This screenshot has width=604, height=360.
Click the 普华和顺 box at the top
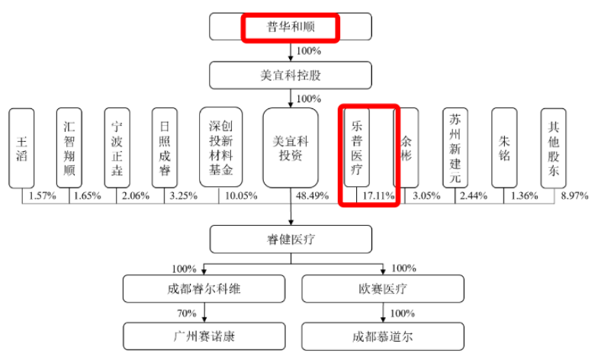291,27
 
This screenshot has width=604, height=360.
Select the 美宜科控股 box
291,76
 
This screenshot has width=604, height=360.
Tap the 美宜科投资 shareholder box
291,147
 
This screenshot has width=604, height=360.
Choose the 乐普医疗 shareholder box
356,147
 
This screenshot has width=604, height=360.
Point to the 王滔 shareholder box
21,147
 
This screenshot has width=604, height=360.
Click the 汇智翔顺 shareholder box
69,147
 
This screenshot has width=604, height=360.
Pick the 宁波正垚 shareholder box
117,147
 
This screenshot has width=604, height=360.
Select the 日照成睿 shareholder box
165,147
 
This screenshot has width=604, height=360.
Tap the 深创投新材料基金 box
220,147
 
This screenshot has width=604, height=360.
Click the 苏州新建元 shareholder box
455,147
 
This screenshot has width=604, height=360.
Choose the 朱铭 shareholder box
504,147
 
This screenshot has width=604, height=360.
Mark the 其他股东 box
553,147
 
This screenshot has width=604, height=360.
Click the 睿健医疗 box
291,239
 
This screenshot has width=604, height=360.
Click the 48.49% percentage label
312,196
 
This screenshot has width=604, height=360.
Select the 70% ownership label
186,313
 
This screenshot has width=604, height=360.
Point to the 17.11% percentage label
378,196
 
